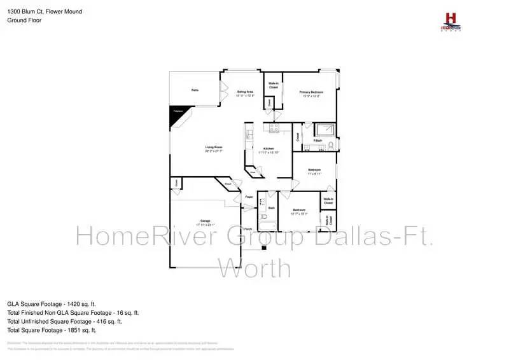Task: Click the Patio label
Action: point(195,90)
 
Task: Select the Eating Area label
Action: point(246,92)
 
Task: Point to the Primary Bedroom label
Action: point(312,92)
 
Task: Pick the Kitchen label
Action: point(268,149)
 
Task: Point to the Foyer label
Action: point(249,197)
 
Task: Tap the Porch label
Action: point(248,229)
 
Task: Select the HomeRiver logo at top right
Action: point(450,20)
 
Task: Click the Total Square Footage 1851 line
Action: point(52,330)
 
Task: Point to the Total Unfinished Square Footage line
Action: point(72,321)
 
